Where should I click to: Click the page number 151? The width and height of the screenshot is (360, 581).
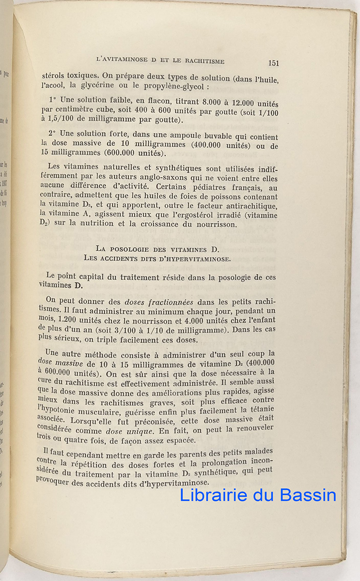click(273, 62)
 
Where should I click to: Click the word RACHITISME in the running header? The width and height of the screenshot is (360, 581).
click(201, 61)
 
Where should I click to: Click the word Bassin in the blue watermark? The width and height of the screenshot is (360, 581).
click(307, 495)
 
